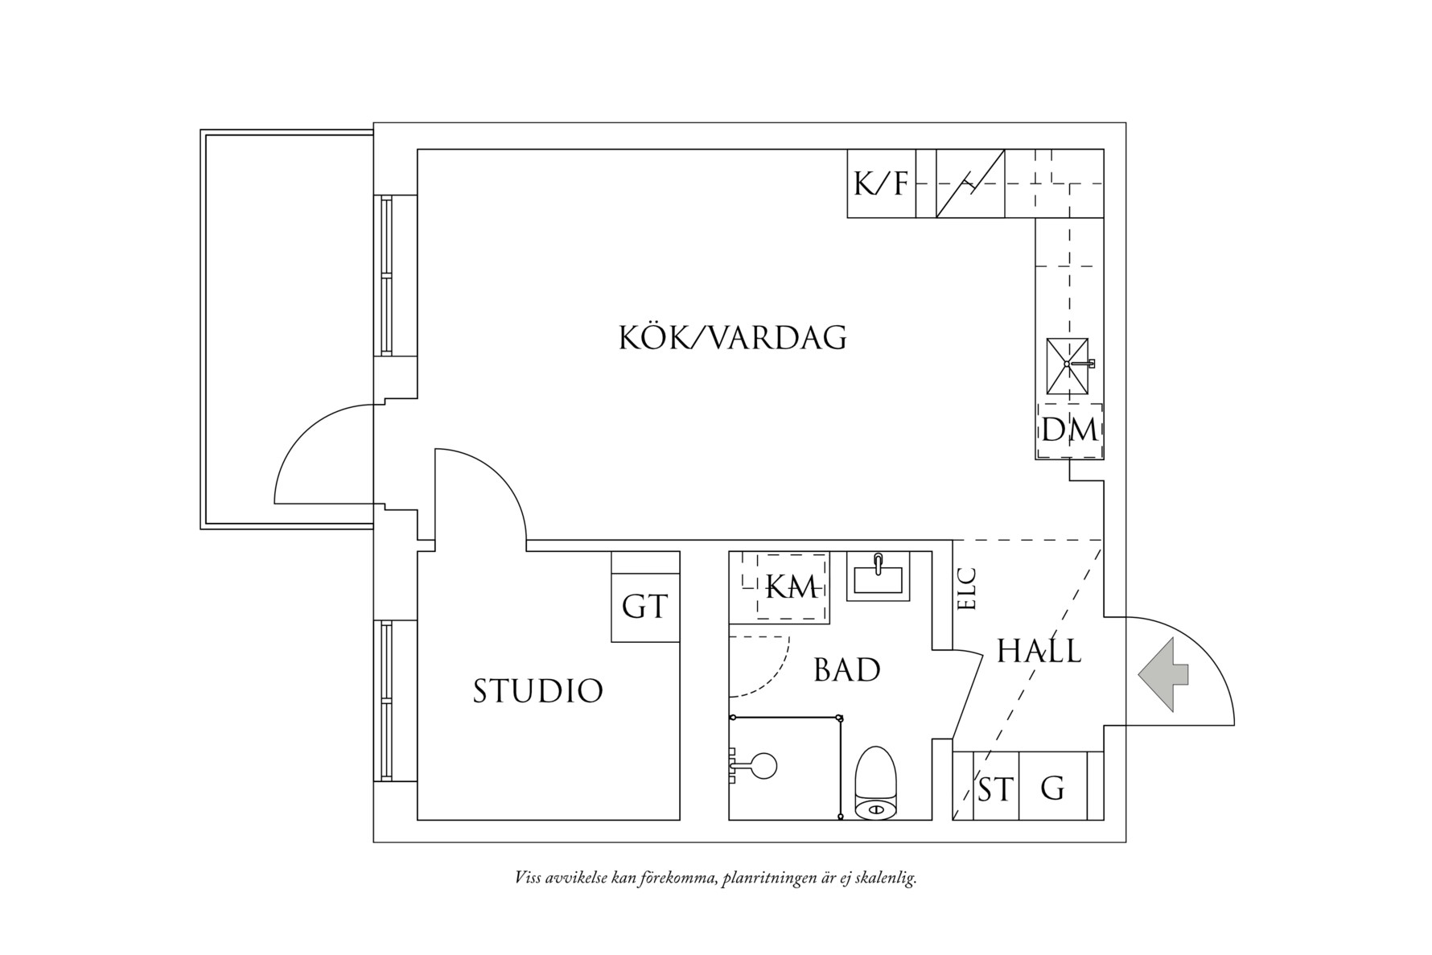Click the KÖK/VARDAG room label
732,338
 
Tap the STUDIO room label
537,691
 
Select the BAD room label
846,670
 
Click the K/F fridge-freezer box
881,184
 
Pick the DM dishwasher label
1069,430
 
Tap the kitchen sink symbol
1068,364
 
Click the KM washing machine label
792,587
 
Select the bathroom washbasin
878,576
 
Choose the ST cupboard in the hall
995,789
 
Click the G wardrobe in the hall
1052,788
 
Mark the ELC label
967,589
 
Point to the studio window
388,701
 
